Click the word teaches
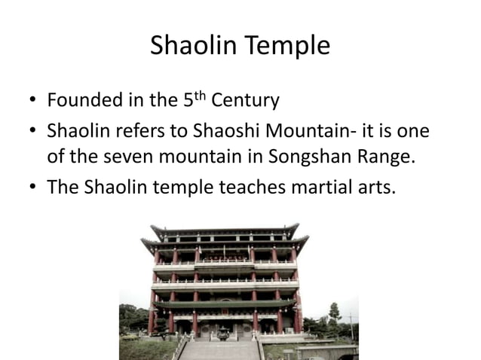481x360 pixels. pos(246,186)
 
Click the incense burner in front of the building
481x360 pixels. pos(224,334)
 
